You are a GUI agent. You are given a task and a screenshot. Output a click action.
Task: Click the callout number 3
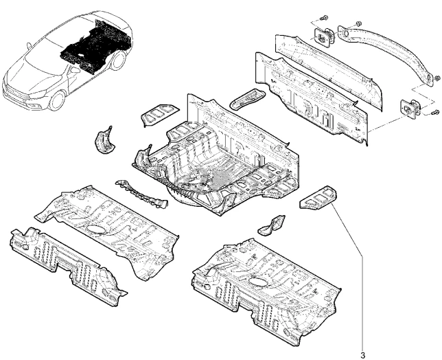coord(362,355)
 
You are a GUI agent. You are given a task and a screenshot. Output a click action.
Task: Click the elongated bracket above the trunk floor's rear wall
coord(248,98)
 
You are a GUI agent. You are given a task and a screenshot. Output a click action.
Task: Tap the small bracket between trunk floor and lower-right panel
coord(271,223)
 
